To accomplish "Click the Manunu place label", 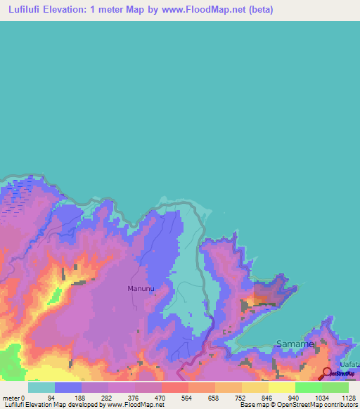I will pyautogui.click(x=141, y=288).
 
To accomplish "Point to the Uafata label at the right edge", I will pyautogui.click(x=349, y=365).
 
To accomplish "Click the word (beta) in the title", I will pyautogui.click(x=258, y=10).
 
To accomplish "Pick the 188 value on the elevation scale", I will pyautogui.click(x=83, y=398).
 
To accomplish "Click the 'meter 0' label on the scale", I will pyautogui.click(x=13, y=398).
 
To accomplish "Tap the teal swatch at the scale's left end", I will pyautogui.click(x=41, y=387).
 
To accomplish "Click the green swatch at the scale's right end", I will pyautogui.click(x=335, y=387).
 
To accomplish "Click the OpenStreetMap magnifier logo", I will pyautogui.click(x=327, y=372).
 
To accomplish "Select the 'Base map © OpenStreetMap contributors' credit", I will pyautogui.click(x=297, y=405).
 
